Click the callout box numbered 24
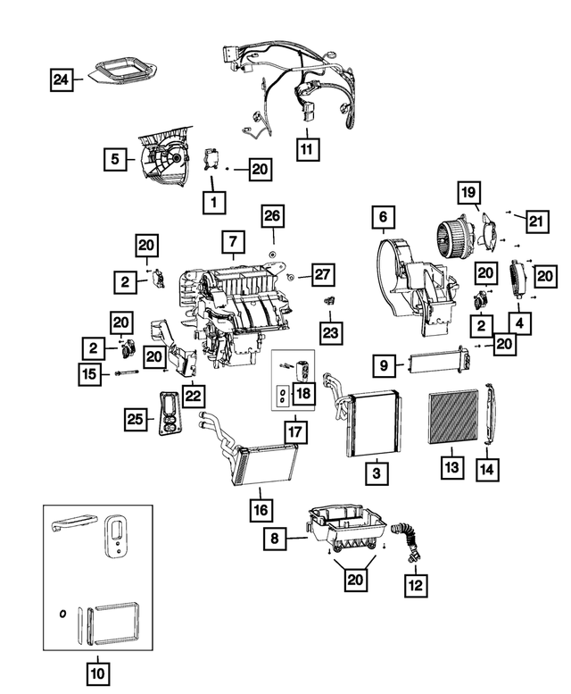coord(61,81)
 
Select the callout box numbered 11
coord(306,149)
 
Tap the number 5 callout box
coord(115,161)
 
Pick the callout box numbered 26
coord(273,216)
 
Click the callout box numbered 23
coord(331,333)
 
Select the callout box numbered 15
coord(89,376)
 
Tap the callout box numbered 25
coord(135,419)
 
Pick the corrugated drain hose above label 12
coord(409,540)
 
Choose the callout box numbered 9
coord(381,364)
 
